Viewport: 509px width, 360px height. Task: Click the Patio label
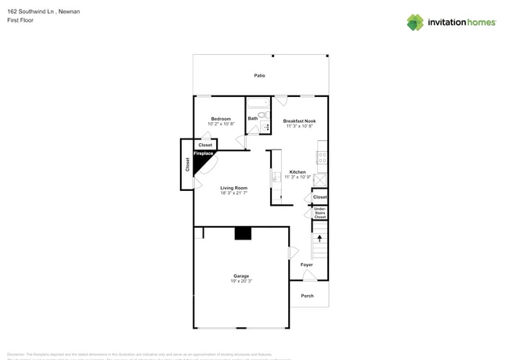(x=259, y=76)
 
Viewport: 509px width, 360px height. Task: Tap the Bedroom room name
(x=221, y=119)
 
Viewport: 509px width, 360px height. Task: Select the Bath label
(x=253, y=119)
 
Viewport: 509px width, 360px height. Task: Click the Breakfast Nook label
(x=299, y=121)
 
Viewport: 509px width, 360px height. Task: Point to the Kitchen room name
(x=298, y=172)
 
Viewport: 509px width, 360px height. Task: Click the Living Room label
(x=233, y=188)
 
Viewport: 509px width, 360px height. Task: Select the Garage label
(x=241, y=276)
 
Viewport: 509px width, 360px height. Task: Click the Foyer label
(x=306, y=265)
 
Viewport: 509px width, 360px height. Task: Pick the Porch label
(x=307, y=296)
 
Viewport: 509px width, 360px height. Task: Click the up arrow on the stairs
(x=319, y=238)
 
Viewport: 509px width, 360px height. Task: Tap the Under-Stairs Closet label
(x=319, y=213)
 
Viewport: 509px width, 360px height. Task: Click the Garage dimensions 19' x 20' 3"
(x=241, y=281)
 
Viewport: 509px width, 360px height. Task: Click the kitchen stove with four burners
(x=321, y=157)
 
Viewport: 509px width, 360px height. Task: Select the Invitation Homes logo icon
(x=414, y=22)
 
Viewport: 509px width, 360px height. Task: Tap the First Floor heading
(x=20, y=20)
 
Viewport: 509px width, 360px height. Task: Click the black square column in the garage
(x=243, y=233)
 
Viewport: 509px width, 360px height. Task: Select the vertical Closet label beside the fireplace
(x=187, y=164)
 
